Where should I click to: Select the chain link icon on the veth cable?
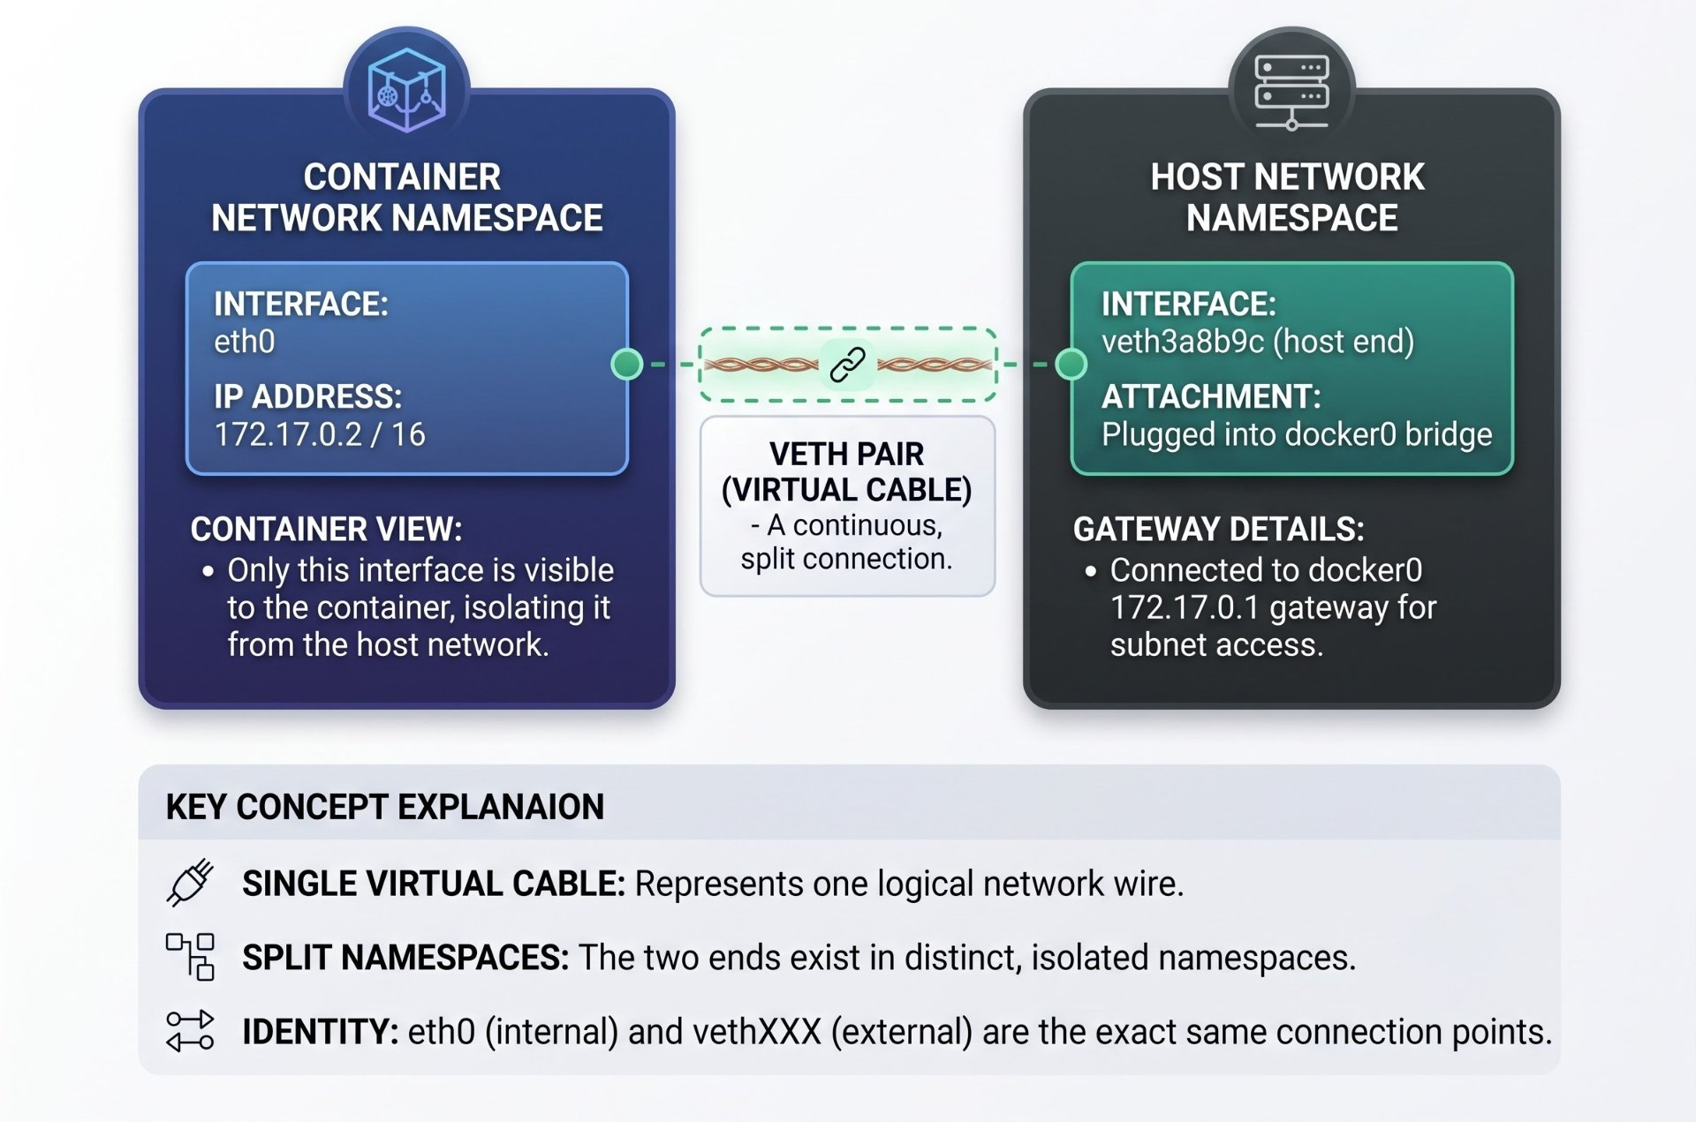(x=847, y=364)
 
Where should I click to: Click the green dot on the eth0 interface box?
(x=627, y=364)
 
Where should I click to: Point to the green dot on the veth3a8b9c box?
(x=1071, y=364)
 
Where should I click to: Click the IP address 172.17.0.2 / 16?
(x=320, y=434)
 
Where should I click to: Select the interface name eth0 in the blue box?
(x=245, y=342)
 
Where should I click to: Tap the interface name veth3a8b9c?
(x=1183, y=342)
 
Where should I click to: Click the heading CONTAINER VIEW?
(x=326, y=530)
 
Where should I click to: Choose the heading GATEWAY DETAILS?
(x=1218, y=530)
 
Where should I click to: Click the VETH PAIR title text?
(x=846, y=454)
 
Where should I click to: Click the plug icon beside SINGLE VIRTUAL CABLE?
(x=190, y=882)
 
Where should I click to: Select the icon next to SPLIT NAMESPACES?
(x=190, y=957)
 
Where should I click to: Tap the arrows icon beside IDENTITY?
(x=190, y=1031)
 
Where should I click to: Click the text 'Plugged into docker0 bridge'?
(x=1297, y=434)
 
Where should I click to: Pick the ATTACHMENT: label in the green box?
(x=1211, y=397)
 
